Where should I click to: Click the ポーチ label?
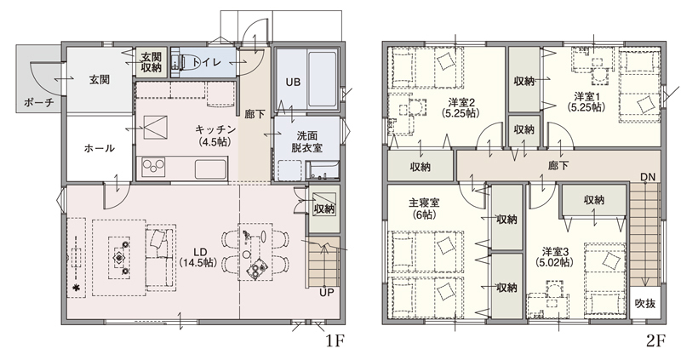click(x=39, y=102)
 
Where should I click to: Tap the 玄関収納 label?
click(x=152, y=62)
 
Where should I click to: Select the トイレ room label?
click(x=209, y=62)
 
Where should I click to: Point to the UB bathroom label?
click(x=293, y=82)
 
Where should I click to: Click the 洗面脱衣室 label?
click(x=306, y=141)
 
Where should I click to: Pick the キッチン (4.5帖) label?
click(x=215, y=135)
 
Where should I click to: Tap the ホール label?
click(x=99, y=148)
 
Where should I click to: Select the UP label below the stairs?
click(x=327, y=293)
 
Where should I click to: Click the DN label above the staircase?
click(x=648, y=177)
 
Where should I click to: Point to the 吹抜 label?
click(x=645, y=303)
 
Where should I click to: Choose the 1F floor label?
click(x=335, y=341)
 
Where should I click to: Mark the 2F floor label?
click(x=655, y=341)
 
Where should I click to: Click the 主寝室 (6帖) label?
click(x=424, y=209)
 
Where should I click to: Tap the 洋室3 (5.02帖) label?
click(x=555, y=257)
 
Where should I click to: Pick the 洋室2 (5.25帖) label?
click(x=461, y=108)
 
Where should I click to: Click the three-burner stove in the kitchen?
click(x=155, y=168)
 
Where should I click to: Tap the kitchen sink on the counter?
click(x=210, y=168)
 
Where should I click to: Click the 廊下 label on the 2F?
click(x=558, y=165)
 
